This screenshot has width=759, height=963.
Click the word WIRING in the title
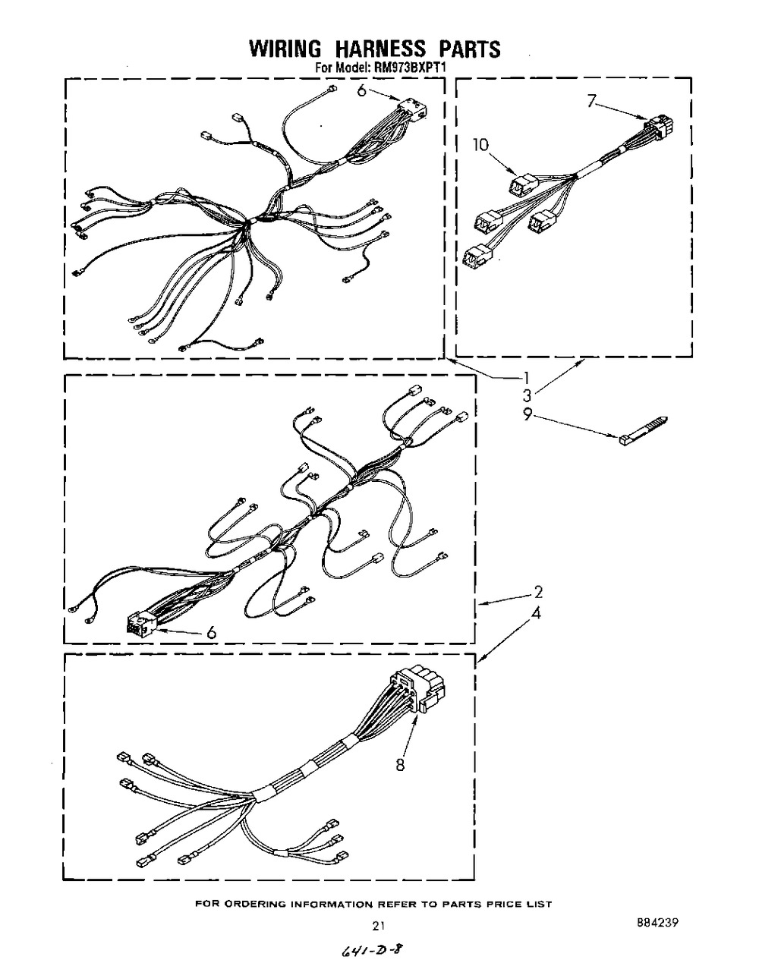[285, 49]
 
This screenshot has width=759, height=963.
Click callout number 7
[592, 102]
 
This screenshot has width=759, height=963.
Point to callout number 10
[480, 145]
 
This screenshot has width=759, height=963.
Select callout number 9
[528, 415]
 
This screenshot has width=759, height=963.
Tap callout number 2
[538, 592]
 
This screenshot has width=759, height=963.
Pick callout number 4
[536, 612]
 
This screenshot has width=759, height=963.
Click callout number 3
[528, 396]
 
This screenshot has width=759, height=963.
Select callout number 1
[527, 378]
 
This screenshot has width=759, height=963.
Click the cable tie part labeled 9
[644, 430]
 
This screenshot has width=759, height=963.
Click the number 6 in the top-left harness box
[361, 90]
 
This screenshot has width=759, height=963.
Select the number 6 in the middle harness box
[211, 632]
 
